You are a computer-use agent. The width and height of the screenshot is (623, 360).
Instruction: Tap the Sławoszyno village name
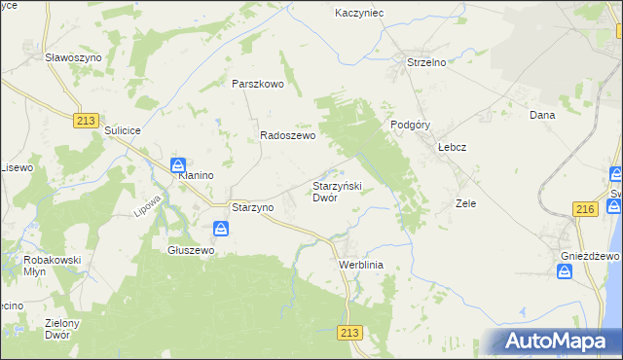(x=74, y=58)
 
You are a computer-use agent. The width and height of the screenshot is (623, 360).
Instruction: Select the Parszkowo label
(x=257, y=84)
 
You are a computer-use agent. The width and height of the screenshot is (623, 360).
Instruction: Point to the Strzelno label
(x=425, y=63)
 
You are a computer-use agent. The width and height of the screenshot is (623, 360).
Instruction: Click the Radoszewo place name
(x=287, y=137)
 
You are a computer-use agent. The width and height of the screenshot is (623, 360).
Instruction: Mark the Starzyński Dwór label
(x=337, y=191)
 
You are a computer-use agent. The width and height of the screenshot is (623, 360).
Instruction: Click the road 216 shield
(x=585, y=209)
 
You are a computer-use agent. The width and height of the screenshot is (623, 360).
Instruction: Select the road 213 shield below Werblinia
(x=351, y=333)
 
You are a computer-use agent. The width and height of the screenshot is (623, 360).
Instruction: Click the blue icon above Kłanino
(x=178, y=164)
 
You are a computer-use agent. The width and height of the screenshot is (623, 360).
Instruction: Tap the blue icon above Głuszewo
(x=221, y=230)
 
